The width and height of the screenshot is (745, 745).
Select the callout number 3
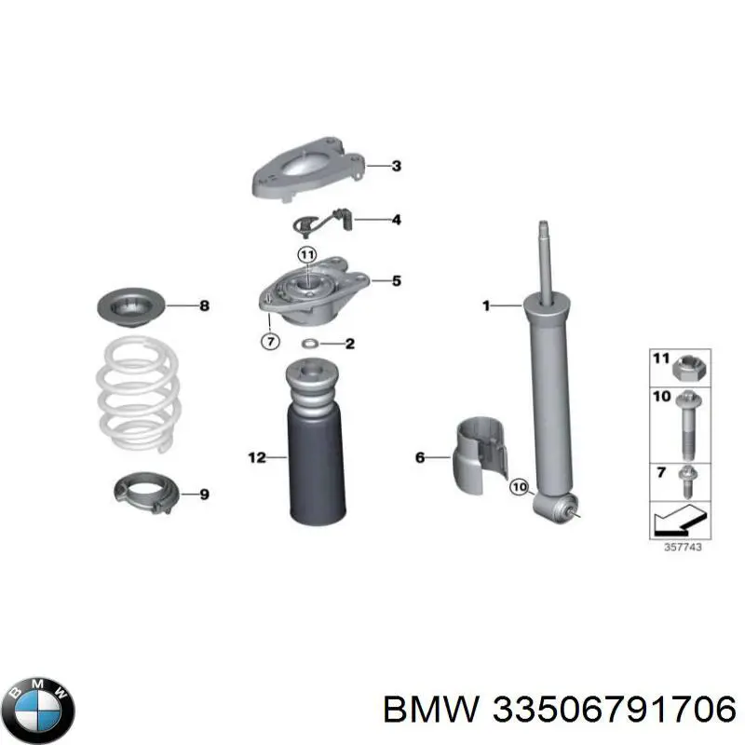point(396,167)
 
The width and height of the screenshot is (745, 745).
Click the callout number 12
point(256,457)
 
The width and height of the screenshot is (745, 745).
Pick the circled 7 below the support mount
point(268,342)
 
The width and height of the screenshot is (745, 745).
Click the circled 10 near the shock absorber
point(520,486)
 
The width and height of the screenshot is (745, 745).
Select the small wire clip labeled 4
point(313,223)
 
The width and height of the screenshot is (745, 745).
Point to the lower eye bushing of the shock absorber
point(555,507)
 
